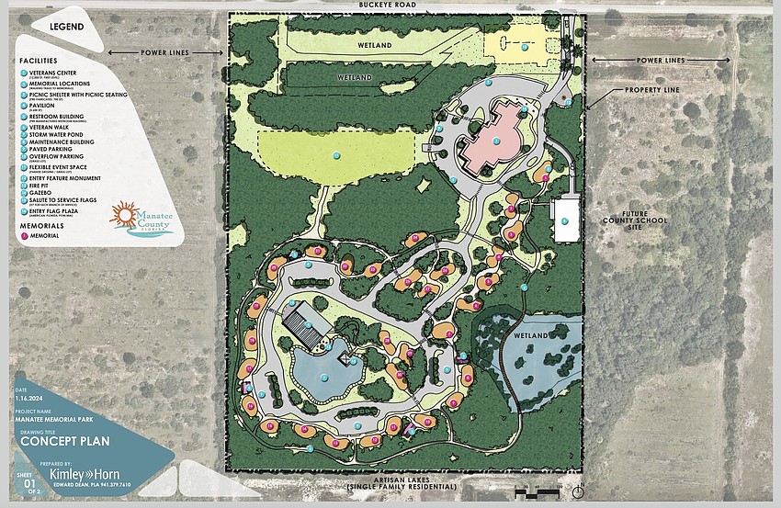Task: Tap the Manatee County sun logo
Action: pyautogui.click(x=123, y=218)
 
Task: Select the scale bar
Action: pyautogui.click(x=533, y=487)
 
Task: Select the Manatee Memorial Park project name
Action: pyautogui.click(x=56, y=421)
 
